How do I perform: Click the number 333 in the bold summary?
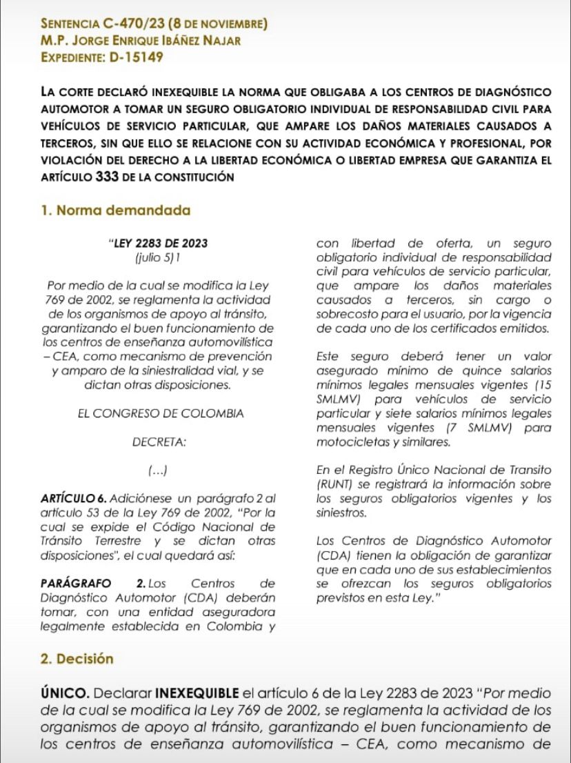pos(105,177)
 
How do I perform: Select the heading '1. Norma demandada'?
pos(116,210)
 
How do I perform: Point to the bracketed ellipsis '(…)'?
pos(159,470)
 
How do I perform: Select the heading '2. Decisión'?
pos(77,659)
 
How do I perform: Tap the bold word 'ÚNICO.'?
pos(63,691)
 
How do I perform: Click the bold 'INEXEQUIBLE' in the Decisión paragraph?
pos(198,691)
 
